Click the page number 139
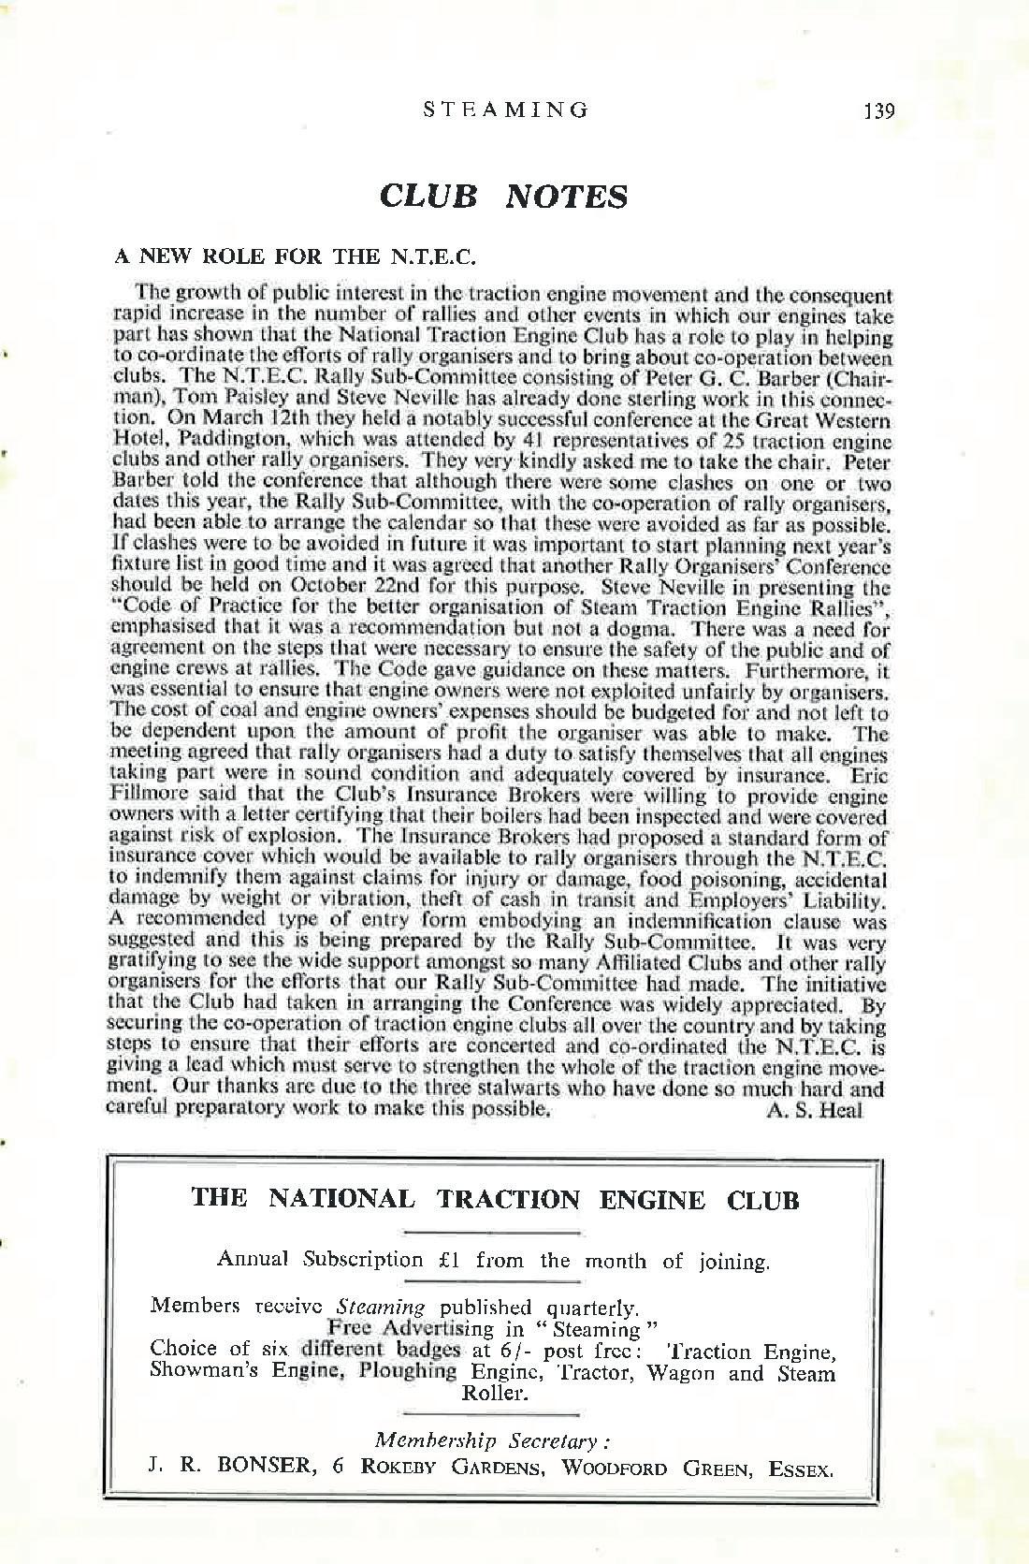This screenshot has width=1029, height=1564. point(879,110)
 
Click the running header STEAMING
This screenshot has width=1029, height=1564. point(506,110)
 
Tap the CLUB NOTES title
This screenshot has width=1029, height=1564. point(503,197)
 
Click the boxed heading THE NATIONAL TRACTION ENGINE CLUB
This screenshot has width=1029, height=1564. point(495,1200)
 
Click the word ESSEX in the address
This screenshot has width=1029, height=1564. point(800,1469)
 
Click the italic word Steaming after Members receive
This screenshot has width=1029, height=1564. point(381,1307)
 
